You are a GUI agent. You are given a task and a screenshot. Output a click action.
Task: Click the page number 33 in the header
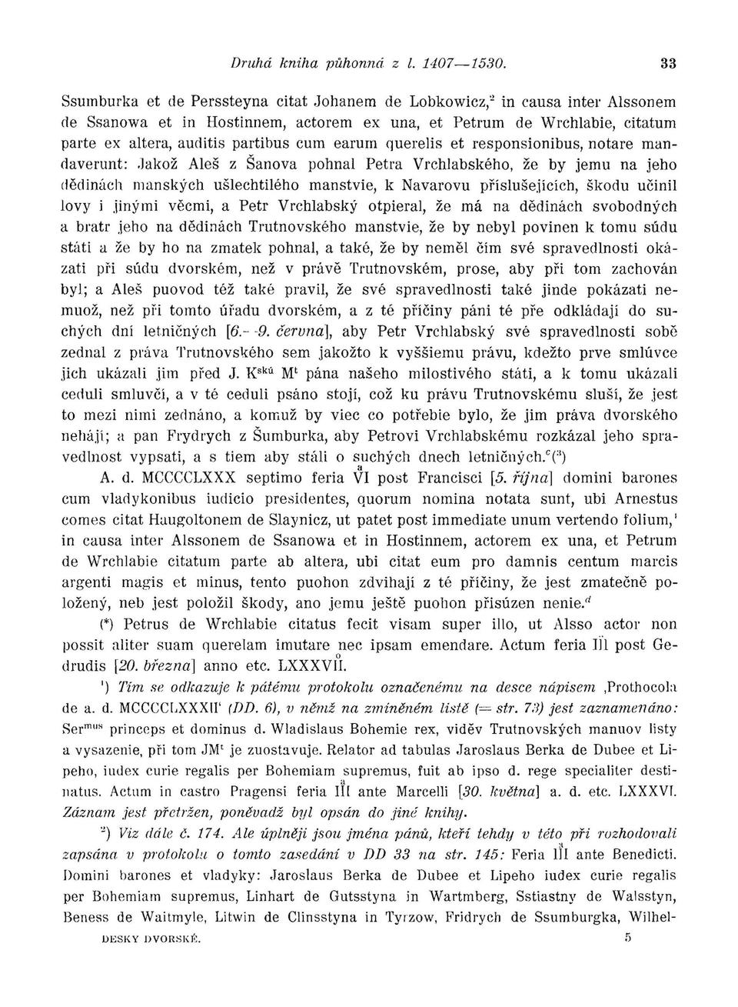(668, 65)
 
